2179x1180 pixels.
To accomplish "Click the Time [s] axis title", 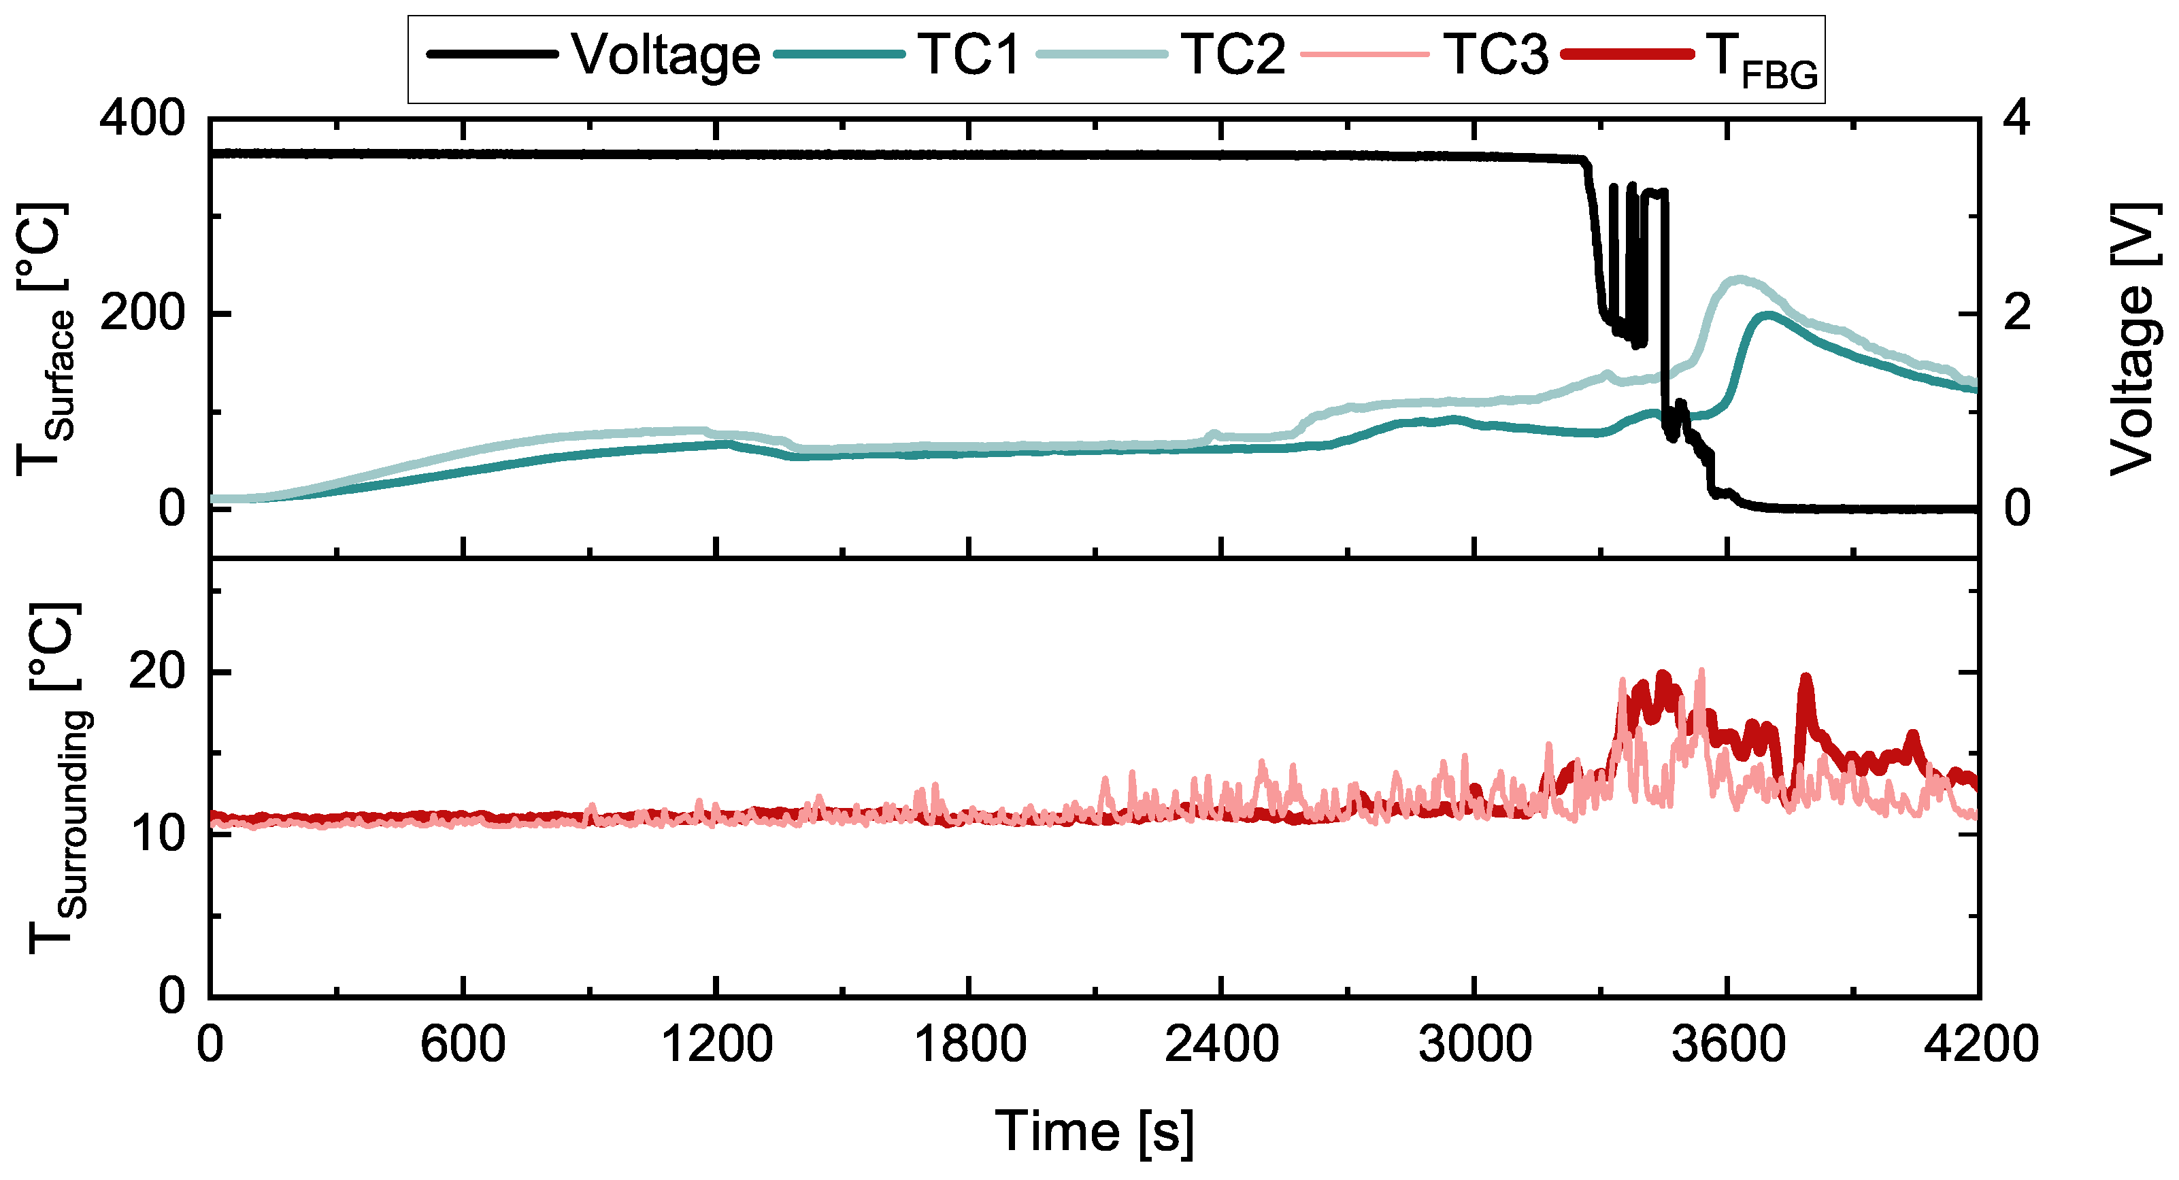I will click(1094, 1132).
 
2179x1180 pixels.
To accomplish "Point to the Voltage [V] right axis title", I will click(2131, 338).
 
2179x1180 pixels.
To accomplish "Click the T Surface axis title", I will click(44, 338).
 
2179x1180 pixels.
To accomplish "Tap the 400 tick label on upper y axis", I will click(142, 119).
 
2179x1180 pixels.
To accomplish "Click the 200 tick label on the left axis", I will click(142, 315).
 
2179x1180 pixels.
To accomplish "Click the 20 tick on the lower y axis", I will click(156, 673).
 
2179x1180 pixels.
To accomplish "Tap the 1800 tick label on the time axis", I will click(969, 1045).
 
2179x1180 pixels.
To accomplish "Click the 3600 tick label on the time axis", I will click(1727, 1045).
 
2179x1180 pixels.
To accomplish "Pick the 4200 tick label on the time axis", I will click(1980, 1045).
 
